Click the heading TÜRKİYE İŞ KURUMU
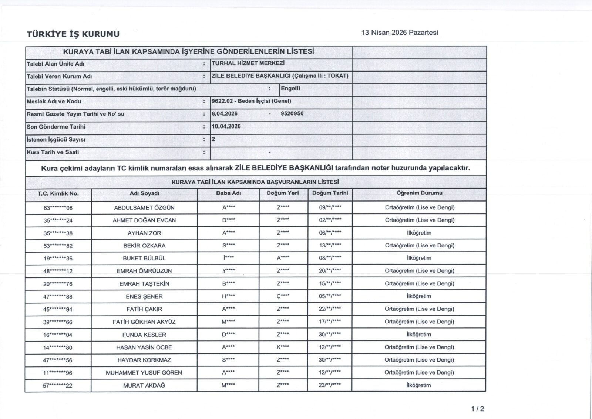pyautogui.click(x=73, y=34)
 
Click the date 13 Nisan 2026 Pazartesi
pyautogui.click(x=400, y=33)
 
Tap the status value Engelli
pyautogui.click(x=290, y=89)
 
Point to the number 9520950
pyautogui.click(x=292, y=114)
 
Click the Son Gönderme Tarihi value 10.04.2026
pyautogui.click(x=226, y=126)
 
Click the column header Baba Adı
pyautogui.click(x=228, y=193)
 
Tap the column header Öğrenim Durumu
pyautogui.click(x=419, y=193)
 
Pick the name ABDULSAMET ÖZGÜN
pyautogui.click(x=144, y=208)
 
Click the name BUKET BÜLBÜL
pyautogui.click(x=144, y=258)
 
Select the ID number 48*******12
pyautogui.click(x=58, y=271)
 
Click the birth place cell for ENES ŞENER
pyautogui.click(x=283, y=296)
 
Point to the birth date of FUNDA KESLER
pyautogui.click(x=330, y=335)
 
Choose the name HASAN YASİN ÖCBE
pyautogui.click(x=144, y=347)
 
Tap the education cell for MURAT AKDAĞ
pyautogui.click(x=419, y=385)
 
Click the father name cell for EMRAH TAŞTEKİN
pyautogui.click(x=228, y=284)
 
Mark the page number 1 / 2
pyautogui.click(x=478, y=409)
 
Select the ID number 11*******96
pyautogui.click(x=58, y=373)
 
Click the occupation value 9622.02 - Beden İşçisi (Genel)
pyautogui.click(x=251, y=101)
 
